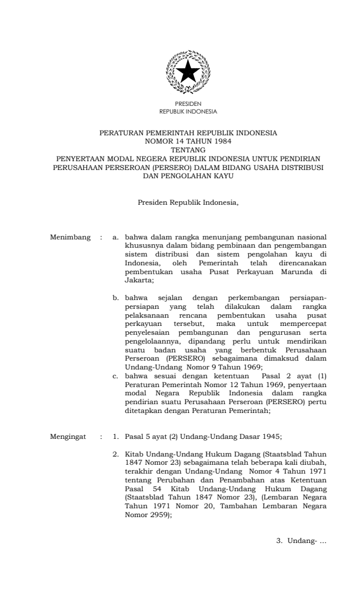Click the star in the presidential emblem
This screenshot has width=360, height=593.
[x=188, y=72]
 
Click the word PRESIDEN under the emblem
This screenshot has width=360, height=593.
[x=188, y=104]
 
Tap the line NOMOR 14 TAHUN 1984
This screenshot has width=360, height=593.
[x=188, y=142]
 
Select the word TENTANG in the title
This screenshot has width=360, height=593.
[x=188, y=150]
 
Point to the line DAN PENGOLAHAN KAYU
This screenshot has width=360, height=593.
[x=188, y=175]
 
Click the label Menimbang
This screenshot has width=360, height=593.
[x=71, y=238]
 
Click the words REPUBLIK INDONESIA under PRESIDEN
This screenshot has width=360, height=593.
[x=188, y=111]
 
